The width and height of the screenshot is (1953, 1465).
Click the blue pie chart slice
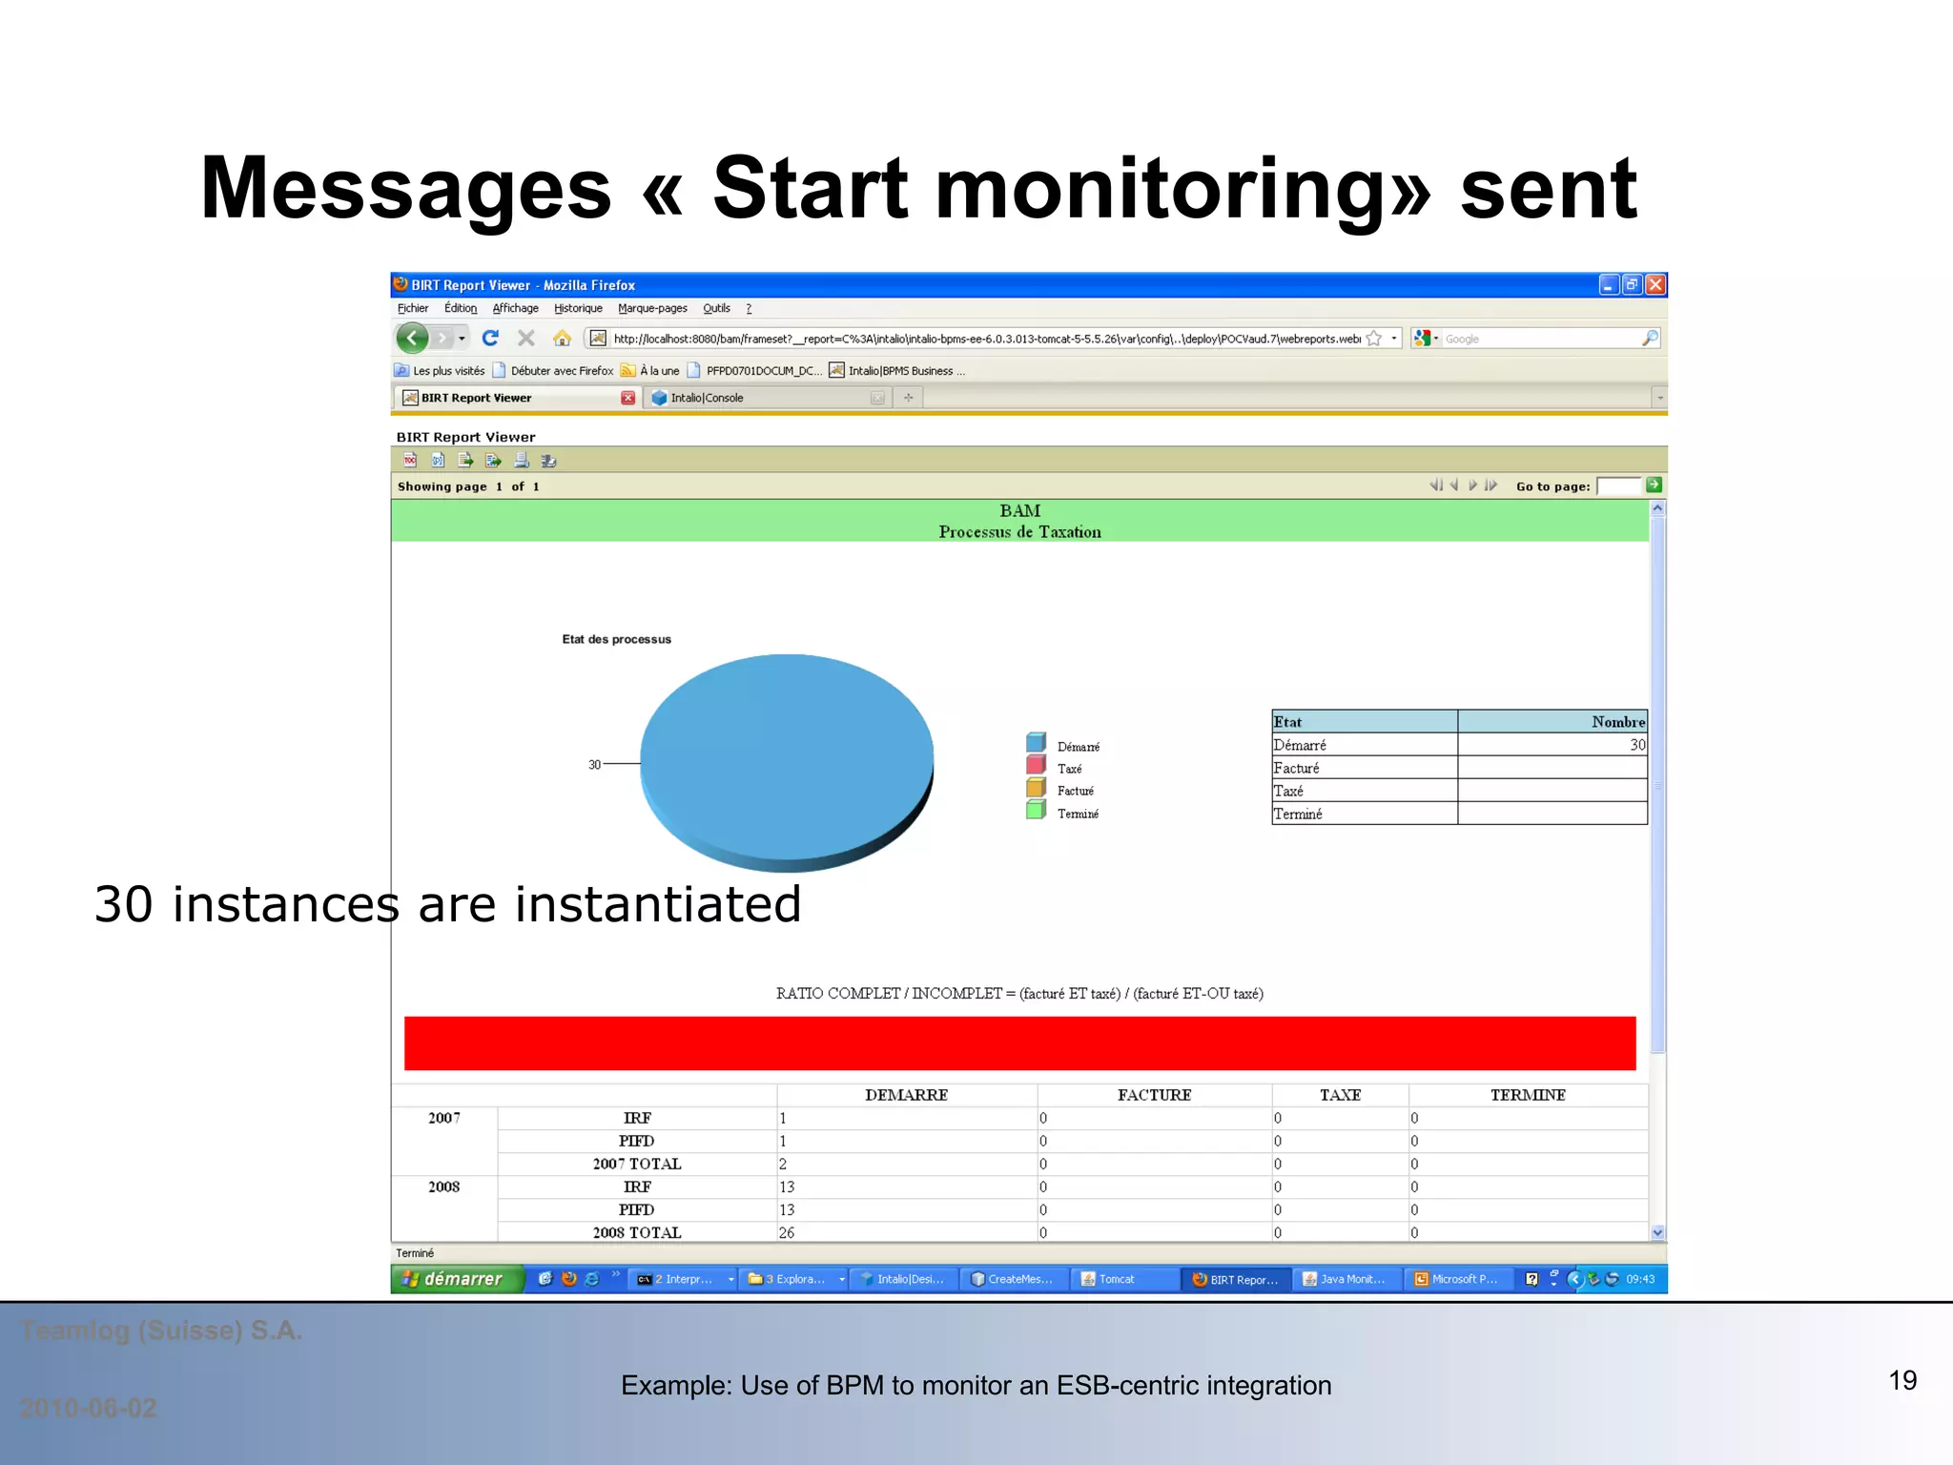coord(787,753)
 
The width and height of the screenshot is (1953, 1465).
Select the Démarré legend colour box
coord(1036,743)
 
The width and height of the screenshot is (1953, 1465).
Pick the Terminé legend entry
coord(1077,814)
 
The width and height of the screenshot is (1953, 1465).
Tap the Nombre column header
coord(1617,722)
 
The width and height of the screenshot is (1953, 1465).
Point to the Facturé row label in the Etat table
coord(1296,768)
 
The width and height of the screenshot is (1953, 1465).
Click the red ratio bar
coord(1018,1042)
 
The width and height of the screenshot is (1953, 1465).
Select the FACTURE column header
coord(1154,1095)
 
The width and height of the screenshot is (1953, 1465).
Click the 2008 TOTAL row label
coord(636,1232)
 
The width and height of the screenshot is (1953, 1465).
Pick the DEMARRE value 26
coord(787,1232)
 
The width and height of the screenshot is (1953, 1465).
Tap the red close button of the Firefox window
coord(1655,284)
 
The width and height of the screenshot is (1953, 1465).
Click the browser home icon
coord(562,339)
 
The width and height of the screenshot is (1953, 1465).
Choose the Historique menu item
coord(578,308)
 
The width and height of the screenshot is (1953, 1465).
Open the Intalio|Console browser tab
coord(707,398)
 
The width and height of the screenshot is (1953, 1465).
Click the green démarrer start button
coord(457,1279)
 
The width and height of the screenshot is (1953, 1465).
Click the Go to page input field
coord(1617,486)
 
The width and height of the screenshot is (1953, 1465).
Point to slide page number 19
coord(1902,1380)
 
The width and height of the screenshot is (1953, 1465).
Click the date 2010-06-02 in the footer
coord(89,1408)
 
